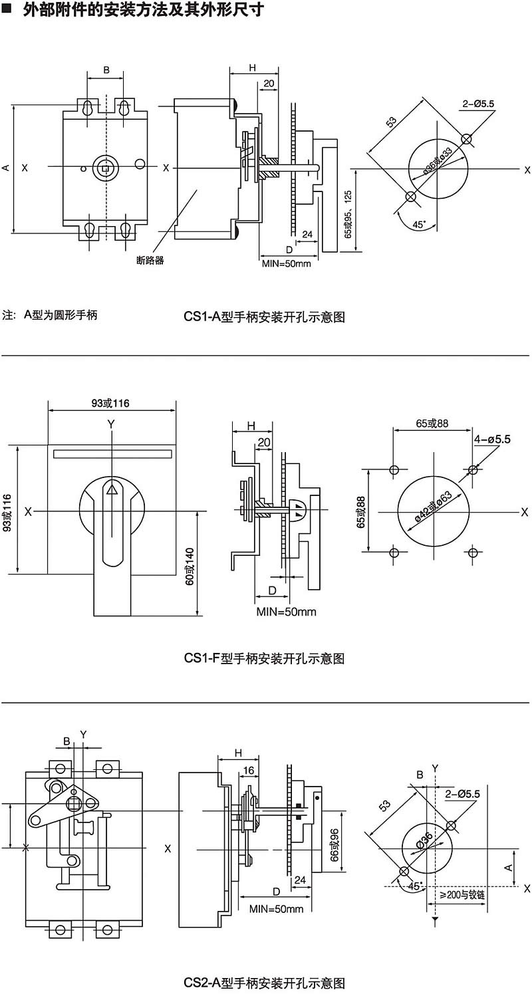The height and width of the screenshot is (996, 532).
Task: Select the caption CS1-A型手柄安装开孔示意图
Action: (264, 316)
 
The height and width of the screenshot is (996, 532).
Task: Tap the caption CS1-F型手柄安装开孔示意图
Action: (264, 658)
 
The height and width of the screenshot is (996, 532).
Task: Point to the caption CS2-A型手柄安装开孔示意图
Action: (264, 983)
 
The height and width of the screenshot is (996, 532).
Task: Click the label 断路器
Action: (150, 260)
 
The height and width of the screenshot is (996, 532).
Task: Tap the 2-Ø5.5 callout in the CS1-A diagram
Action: (478, 104)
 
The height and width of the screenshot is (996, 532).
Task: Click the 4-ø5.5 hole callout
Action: (492, 439)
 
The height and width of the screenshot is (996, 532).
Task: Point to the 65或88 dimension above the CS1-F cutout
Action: (432, 423)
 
